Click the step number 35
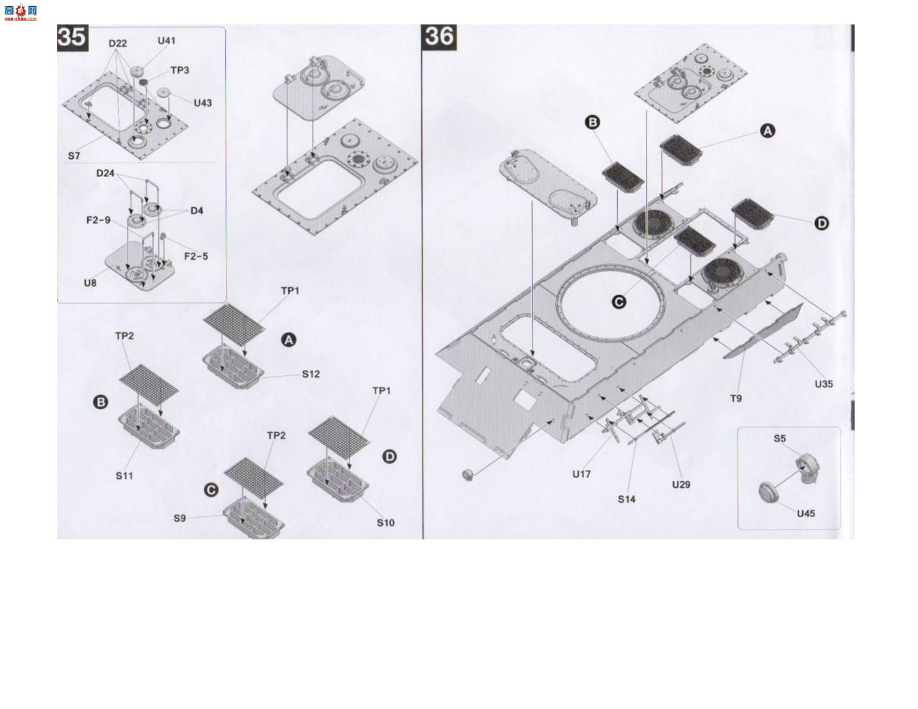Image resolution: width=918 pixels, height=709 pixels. tap(73, 38)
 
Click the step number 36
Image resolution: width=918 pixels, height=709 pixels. tap(439, 37)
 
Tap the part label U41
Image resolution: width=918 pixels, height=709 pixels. tap(166, 41)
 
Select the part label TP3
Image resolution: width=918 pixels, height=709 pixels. tap(180, 70)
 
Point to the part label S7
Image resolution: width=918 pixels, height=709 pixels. tap(74, 156)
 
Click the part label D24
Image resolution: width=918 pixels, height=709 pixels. tap(105, 173)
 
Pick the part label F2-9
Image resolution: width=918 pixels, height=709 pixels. tap(98, 220)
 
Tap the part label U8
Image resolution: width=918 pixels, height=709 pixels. tap(90, 283)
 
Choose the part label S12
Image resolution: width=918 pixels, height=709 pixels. tap(311, 374)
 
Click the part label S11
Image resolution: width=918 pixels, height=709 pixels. tap(124, 476)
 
